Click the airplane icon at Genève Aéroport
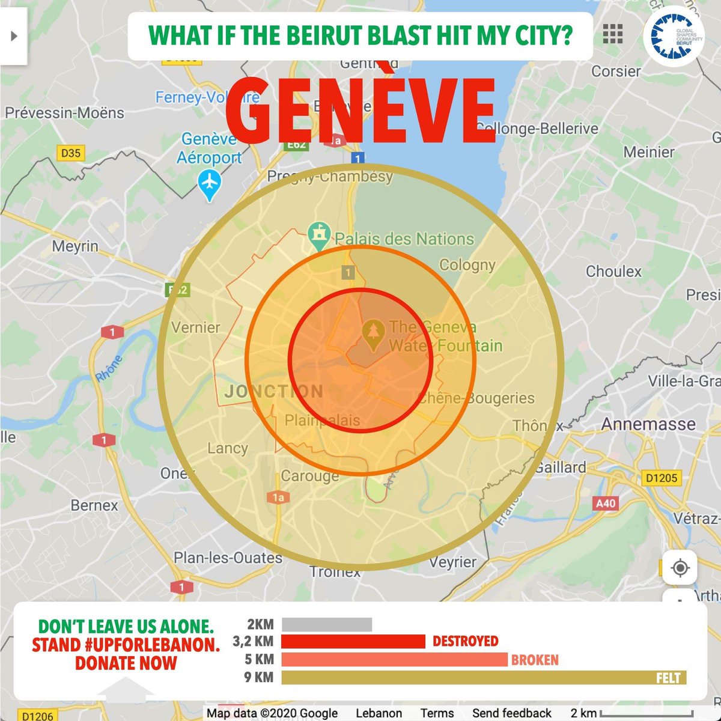coord(209,181)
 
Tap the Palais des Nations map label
coord(404,239)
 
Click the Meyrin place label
coord(75,246)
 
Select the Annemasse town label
coord(648,424)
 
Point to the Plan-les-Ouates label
coord(228,558)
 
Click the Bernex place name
coord(94,505)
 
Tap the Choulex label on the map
coord(613,272)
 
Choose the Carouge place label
coord(310,476)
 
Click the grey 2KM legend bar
coord(327,625)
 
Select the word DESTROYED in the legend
coord(466,641)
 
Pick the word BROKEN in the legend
coord(535,660)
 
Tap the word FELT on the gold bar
coord(668,678)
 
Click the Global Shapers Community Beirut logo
coord(673,36)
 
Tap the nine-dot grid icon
coord(612,34)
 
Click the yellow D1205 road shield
coord(662,478)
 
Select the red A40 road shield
coord(605,503)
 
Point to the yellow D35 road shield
coord(70,153)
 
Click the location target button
coord(680,568)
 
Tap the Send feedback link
coord(511,713)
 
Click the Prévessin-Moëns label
coord(64,113)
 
